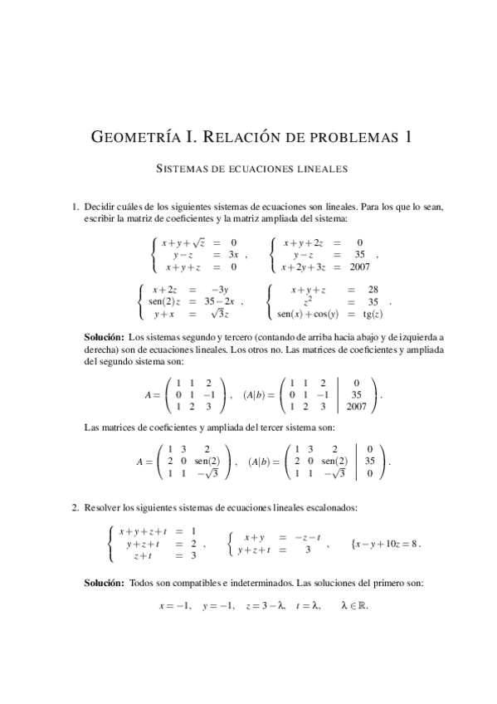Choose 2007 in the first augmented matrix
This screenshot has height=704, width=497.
tap(357, 408)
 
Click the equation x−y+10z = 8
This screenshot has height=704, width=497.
tap(387, 544)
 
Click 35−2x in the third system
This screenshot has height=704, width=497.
tap(220, 302)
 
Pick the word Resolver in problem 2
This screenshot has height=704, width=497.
tap(104, 506)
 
